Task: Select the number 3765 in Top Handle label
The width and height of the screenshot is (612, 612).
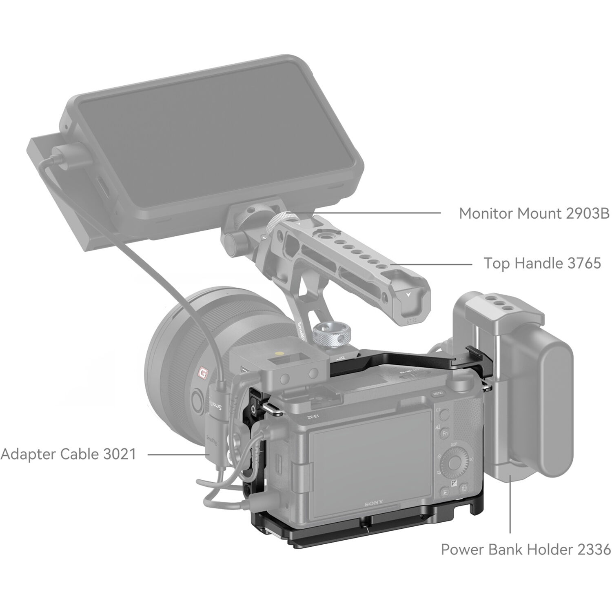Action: pos(584,263)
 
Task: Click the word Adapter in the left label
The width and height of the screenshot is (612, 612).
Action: pos(28,454)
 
